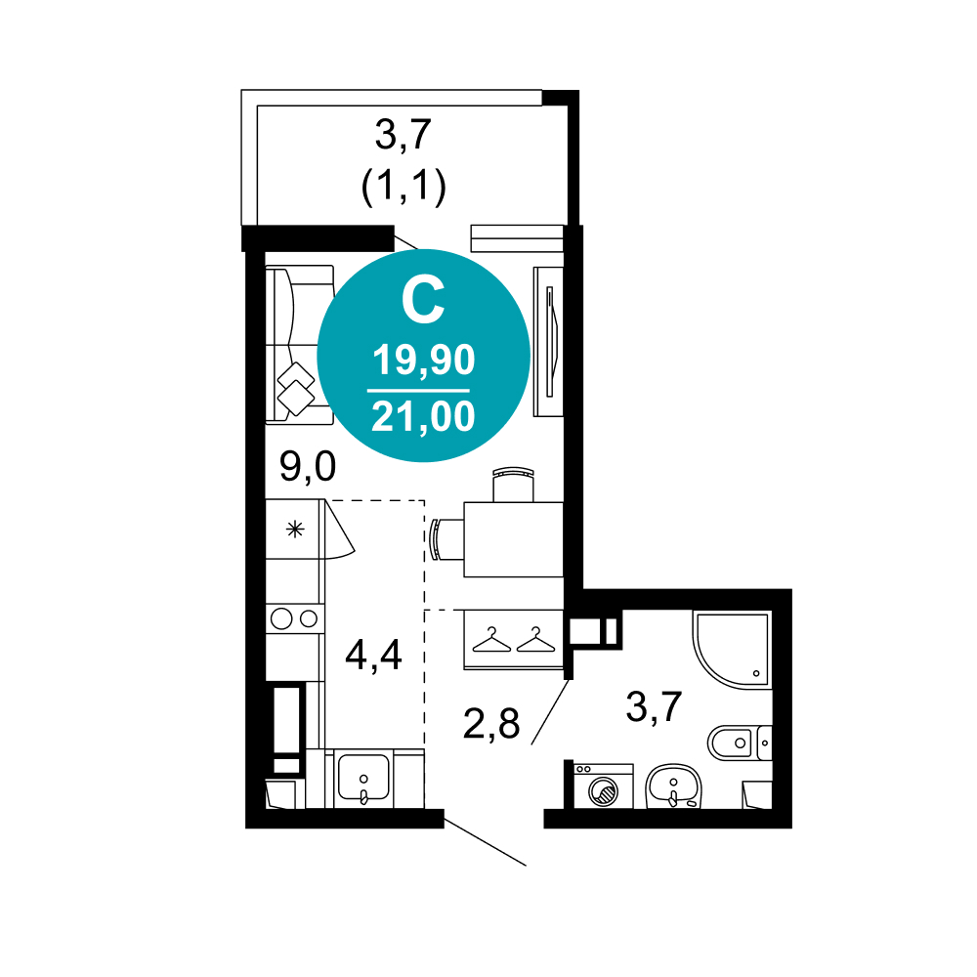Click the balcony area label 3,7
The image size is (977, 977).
point(404,135)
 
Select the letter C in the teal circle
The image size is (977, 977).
point(423,301)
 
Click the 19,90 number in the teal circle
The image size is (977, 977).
point(424,361)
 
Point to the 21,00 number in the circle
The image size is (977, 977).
point(424,416)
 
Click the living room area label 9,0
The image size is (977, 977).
point(308,467)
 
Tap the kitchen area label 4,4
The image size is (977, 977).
point(374,656)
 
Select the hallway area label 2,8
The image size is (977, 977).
point(491,724)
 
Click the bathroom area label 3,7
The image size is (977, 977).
point(655,707)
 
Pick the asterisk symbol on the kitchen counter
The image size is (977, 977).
point(295,530)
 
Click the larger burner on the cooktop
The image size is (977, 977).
point(281,618)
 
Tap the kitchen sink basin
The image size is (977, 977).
point(363,777)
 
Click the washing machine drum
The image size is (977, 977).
point(603,792)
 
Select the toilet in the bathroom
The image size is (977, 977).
point(739,743)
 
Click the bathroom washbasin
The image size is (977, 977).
point(673,786)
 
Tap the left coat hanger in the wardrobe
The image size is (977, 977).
point(491,641)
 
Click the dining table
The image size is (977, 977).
point(514,539)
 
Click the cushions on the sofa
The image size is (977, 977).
point(296,389)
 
